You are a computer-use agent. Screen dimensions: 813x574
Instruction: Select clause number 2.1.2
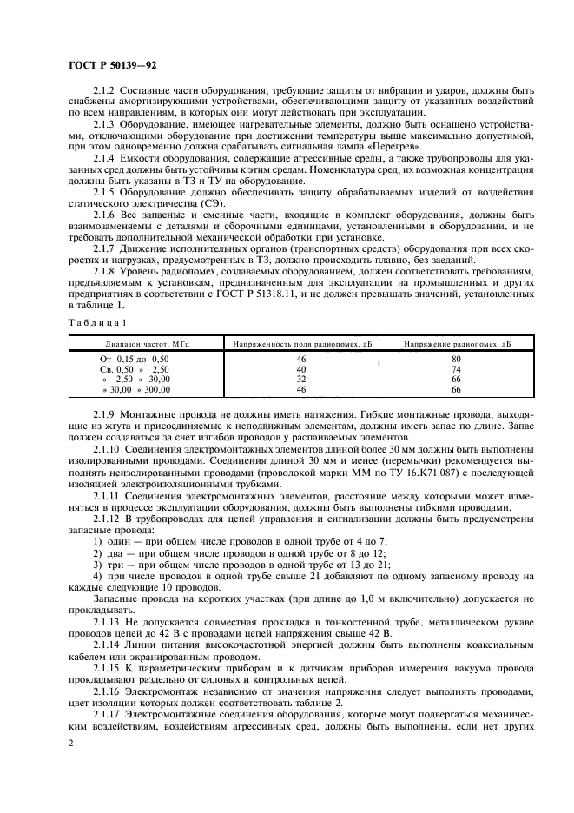pyautogui.click(x=106, y=91)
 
